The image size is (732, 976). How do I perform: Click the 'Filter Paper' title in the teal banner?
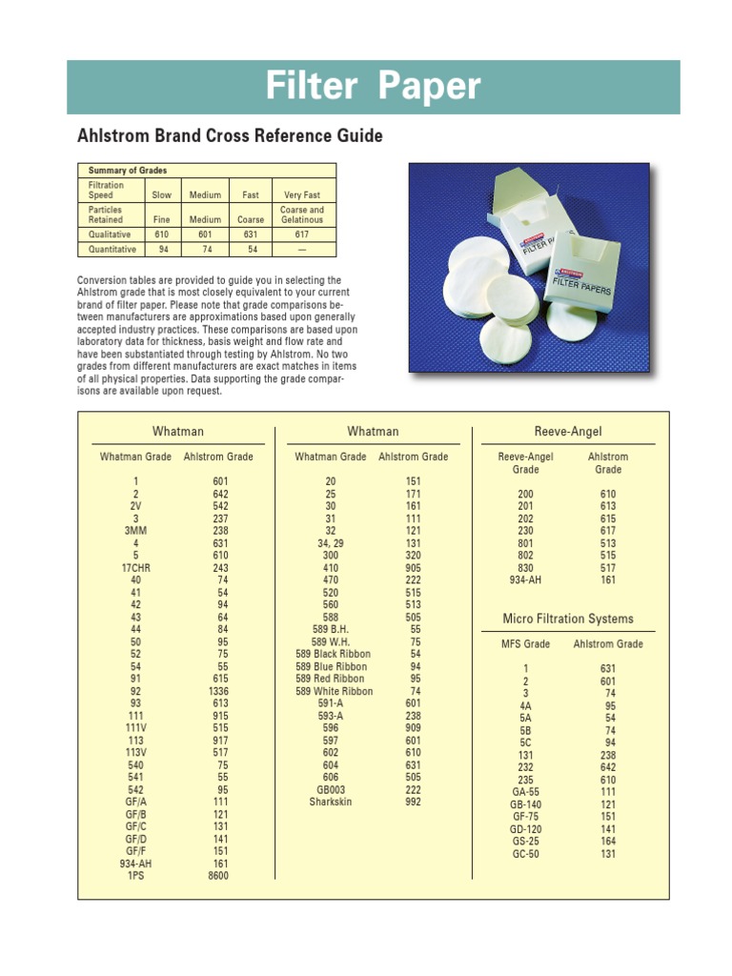373,88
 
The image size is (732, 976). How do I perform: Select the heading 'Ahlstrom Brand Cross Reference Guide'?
230,136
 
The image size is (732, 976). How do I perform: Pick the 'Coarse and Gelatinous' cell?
301,214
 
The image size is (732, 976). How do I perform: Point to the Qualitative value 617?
301,234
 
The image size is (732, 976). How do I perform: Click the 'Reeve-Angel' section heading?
568,433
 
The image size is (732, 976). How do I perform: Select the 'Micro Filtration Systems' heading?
568,620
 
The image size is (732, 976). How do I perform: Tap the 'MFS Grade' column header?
525,644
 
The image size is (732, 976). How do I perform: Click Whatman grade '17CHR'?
135,568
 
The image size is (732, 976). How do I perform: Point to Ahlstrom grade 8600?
218,876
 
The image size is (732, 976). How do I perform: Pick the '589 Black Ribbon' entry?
334,655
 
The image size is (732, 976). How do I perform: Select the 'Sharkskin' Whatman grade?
331,803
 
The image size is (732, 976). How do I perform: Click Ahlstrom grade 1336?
218,691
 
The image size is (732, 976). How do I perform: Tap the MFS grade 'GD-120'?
525,830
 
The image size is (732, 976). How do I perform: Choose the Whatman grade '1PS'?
135,876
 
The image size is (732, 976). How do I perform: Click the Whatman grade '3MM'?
135,531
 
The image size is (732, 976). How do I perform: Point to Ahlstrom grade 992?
413,803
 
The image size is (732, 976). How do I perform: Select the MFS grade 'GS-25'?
525,843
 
